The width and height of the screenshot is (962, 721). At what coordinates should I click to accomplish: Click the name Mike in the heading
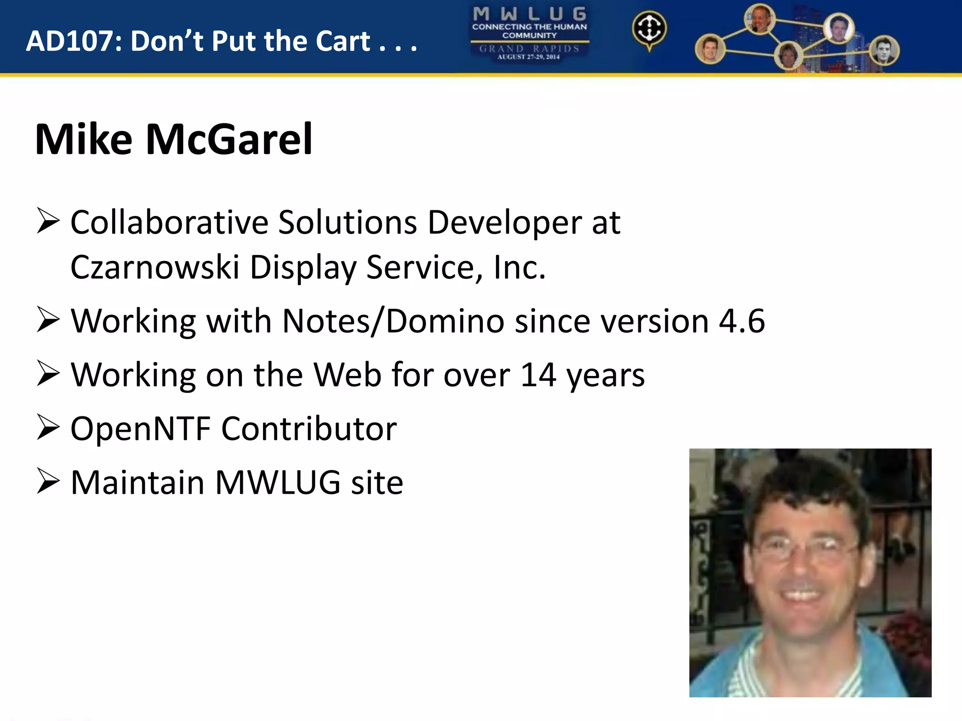tap(84, 139)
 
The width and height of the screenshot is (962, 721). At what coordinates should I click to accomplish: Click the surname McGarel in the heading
tap(229, 139)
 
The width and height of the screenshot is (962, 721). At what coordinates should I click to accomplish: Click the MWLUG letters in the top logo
tap(529, 14)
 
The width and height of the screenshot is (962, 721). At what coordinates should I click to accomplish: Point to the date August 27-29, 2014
tap(528, 57)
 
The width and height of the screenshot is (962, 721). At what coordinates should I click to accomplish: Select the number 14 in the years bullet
tap(538, 375)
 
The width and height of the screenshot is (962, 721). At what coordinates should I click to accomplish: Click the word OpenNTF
tap(140, 429)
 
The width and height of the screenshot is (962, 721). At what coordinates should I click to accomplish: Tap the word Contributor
tap(309, 429)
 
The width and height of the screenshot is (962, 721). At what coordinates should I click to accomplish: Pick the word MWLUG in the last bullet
tap(278, 483)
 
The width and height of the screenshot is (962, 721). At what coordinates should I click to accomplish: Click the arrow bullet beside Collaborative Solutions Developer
tap(48, 222)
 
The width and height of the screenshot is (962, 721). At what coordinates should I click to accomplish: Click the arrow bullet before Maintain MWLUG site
tap(48, 482)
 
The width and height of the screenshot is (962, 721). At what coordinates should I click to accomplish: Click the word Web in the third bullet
tap(347, 375)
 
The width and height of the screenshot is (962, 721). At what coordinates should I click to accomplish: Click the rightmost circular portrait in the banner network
tap(884, 51)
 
